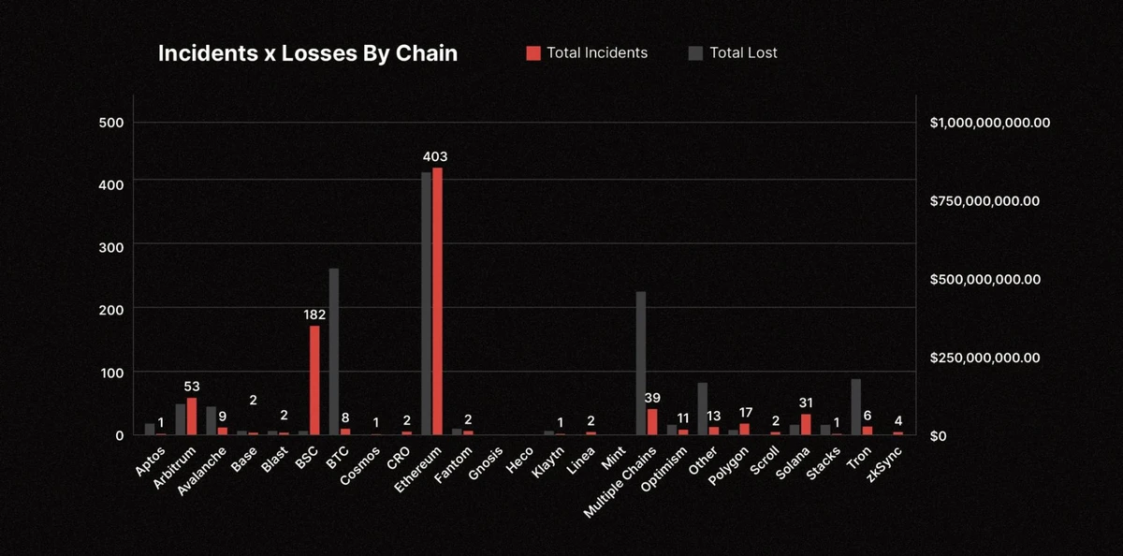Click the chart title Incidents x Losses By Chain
click(x=308, y=53)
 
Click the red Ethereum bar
click(x=437, y=300)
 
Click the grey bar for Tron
click(x=856, y=406)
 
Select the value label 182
click(x=314, y=315)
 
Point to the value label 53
click(x=192, y=387)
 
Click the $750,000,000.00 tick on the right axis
click(x=985, y=201)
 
